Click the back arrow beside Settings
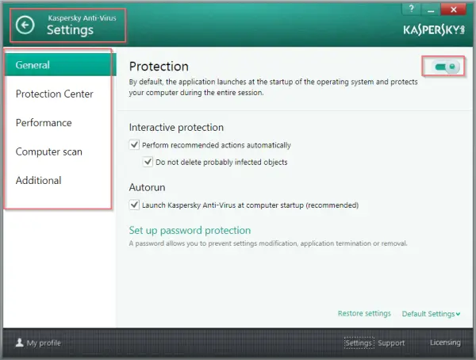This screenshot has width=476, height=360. pyautogui.click(x=25, y=25)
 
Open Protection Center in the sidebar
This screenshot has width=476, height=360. pyautogui.click(x=54, y=94)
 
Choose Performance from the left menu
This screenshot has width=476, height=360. pyautogui.click(x=44, y=123)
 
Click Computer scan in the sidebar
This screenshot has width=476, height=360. pyautogui.click(x=49, y=151)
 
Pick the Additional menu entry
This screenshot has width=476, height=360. pyautogui.click(x=39, y=180)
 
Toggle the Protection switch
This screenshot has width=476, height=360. pyautogui.click(x=445, y=67)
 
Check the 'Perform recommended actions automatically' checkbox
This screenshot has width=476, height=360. pyautogui.click(x=134, y=144)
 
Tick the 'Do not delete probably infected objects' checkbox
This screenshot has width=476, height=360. pyautogui.click(x=148, y=162)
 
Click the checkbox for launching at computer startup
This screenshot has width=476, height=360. pyautogui.click(x=134, y=205)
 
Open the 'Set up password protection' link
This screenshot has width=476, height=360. pyautogui.click(x=190, y=230)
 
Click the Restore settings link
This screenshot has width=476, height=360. pyautogui.click(x=364, y=313)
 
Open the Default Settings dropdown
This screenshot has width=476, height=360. pyautogui.click(x=431, y=313)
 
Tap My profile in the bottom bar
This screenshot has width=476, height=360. pyautogui.click(x=38, y=343)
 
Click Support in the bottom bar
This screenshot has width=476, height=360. pyautogui.click(x=391, y=343)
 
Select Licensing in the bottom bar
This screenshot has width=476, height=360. pyautogui.click(x=445, y=343)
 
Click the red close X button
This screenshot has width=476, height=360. pyautogui.click(x=453, y=10)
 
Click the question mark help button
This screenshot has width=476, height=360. pyautogui.click(x=411, y=9)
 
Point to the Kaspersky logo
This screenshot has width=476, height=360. pyautogui.click(x=434, y=30)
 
